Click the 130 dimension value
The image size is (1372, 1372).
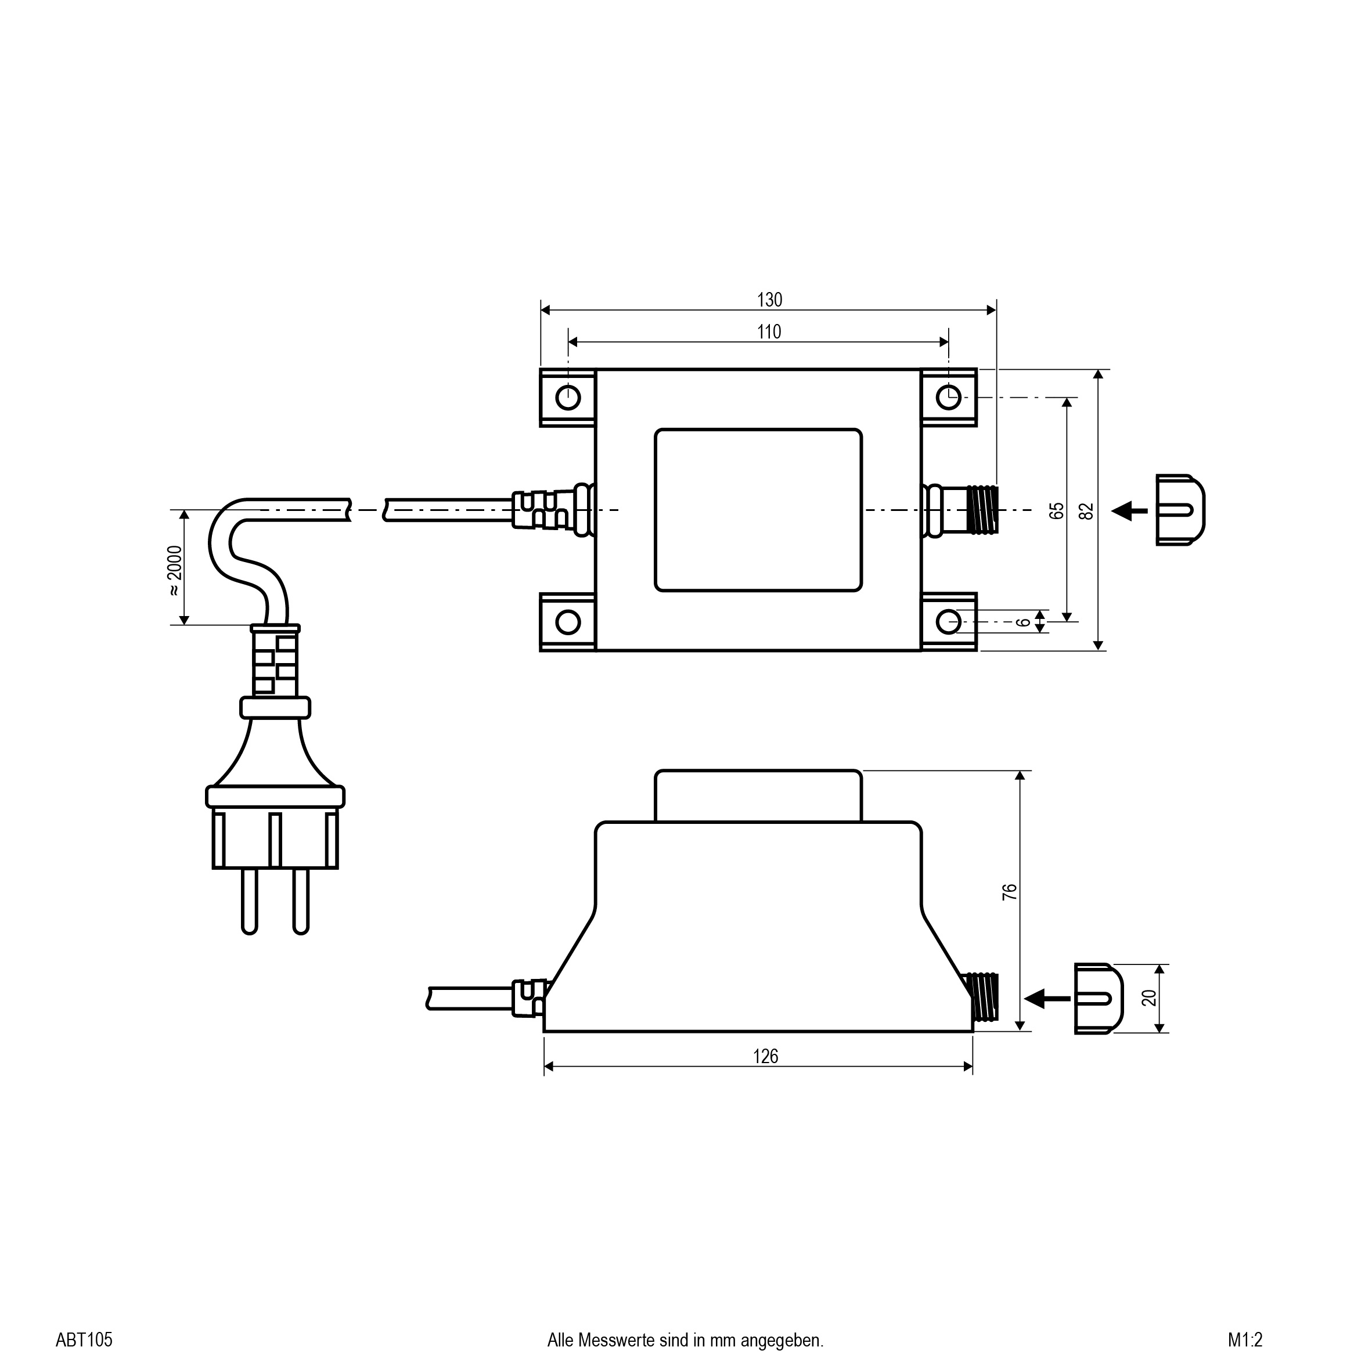[769, 300]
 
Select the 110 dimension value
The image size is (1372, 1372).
[769, 332]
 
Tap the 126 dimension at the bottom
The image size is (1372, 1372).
[765, 1057]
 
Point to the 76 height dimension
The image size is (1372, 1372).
[1009, 892]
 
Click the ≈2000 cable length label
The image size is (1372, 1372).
[175, 572]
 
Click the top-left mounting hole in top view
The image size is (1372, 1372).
[568, 398]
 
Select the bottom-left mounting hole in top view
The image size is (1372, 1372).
[568, 622]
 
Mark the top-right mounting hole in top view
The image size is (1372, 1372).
[949, 398]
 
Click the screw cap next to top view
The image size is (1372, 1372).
[1180, 510]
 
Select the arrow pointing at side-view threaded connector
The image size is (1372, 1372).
[1047, 999]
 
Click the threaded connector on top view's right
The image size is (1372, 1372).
[982, 510]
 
